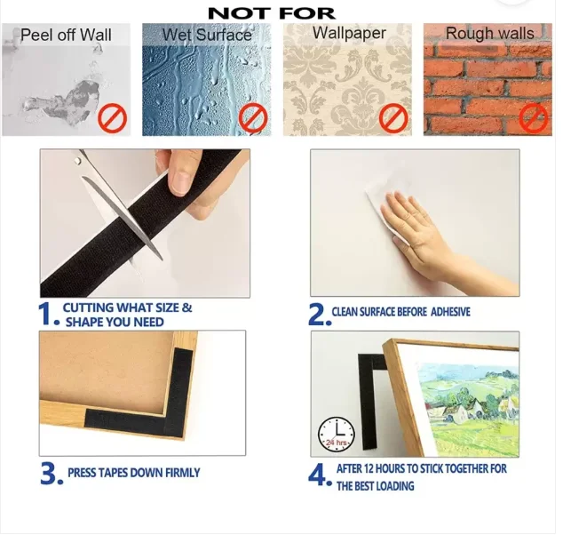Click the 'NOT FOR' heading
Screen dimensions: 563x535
[272, 13]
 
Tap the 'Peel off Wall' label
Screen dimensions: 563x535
[66, 36]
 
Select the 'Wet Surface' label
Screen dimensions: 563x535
[207, 35]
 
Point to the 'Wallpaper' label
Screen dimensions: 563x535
[349, 33]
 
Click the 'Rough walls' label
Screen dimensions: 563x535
[490, 34]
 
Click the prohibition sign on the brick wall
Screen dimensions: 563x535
[534, 118]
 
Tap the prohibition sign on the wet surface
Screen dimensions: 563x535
[253, 118]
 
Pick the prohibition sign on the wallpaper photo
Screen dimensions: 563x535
[393, 118]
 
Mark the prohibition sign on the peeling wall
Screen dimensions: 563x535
[113, 118]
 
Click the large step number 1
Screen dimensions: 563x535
[47, 314]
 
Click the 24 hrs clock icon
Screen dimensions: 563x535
[336, 435]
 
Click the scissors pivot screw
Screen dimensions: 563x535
[78, 162]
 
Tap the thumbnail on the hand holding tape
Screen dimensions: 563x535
[181, 182]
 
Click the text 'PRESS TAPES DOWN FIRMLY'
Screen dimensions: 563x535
[134, 473]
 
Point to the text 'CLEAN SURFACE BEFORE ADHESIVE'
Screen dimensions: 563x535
[400, 312]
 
